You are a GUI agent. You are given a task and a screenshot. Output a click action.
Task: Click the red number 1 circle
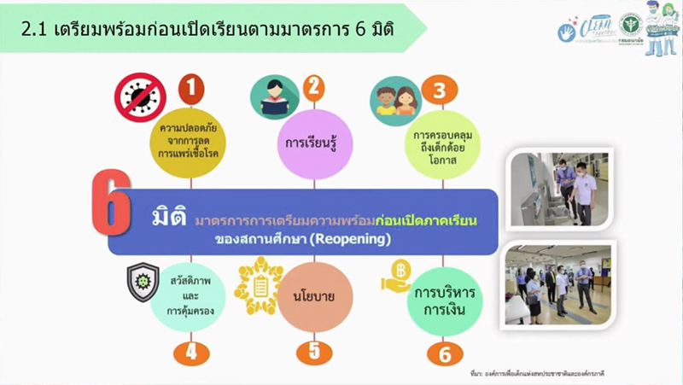click(191, 88)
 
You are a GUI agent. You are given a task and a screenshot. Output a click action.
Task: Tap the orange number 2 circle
click(313, 87)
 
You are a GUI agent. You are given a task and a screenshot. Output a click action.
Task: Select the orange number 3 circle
click(439, 90)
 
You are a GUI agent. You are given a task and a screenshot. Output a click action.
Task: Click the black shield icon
click(143, 282)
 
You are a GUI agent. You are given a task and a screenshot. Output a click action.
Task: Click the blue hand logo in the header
click(566, 32)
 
